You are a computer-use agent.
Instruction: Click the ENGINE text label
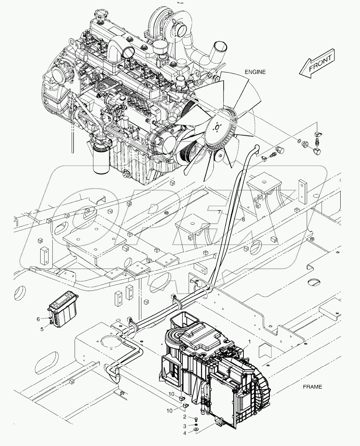tap(255, 72)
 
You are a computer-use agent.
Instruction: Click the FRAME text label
tap(312, 387)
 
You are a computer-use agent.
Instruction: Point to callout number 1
tap(249, 342)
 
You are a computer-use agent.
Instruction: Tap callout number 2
tap(185, 417)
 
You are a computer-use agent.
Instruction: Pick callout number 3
tap(185, 426)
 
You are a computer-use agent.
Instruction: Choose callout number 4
tap(185, 434)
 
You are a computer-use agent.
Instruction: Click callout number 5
tap(42, 329)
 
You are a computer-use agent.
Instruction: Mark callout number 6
tap(38, 319)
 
